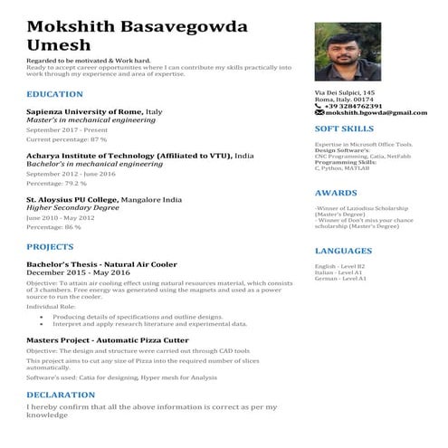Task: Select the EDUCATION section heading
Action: [56, 94]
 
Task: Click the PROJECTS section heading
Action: [51, 246]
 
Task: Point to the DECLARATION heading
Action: [61, 396]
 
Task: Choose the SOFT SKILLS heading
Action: [344, 129]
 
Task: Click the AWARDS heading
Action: [336, 193]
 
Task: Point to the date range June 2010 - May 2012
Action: [60, 217]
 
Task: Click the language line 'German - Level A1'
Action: [340, 278]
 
